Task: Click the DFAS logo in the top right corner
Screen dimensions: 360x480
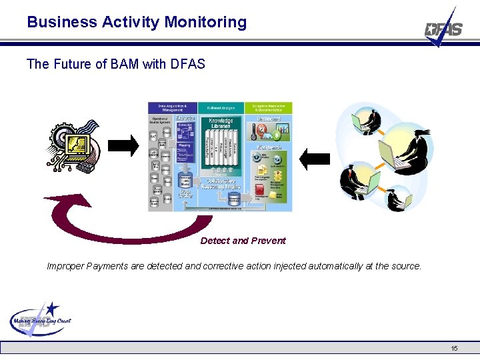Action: click(x=444, y=29)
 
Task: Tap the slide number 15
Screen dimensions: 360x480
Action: click(x=454, y=348)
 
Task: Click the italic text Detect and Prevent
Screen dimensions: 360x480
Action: click(x=243, y=241)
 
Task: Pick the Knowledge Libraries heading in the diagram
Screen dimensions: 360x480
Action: click(x=221, y=124)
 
